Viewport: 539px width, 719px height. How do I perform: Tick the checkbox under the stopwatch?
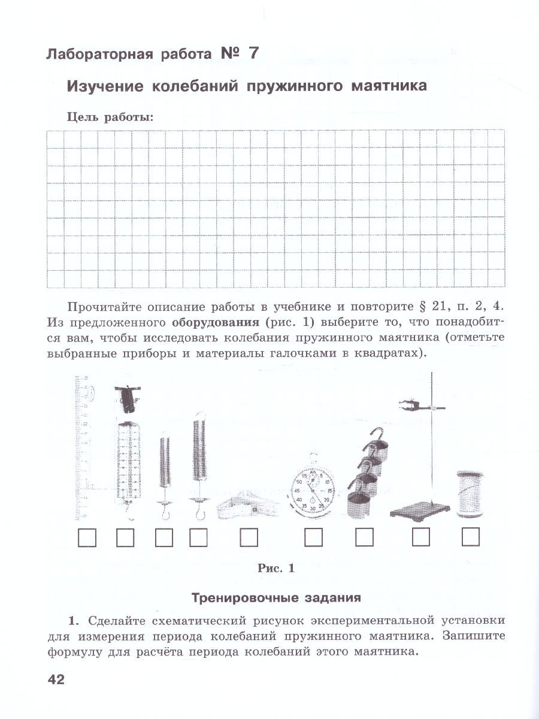point(313,537)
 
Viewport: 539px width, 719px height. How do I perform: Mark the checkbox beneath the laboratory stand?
point(421,537)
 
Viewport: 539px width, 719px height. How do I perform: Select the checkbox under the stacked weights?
point(364,537)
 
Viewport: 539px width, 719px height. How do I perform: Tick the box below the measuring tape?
point(249,537)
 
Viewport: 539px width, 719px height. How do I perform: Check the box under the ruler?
point(87,537)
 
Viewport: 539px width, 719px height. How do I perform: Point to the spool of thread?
point(470,493)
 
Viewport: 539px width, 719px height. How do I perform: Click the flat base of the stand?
point(419,511)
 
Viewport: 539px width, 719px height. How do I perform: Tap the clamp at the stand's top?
point(413,404)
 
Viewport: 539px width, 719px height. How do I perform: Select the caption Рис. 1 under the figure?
point(276,569)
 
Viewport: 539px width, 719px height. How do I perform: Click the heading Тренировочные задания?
point(275,597)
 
